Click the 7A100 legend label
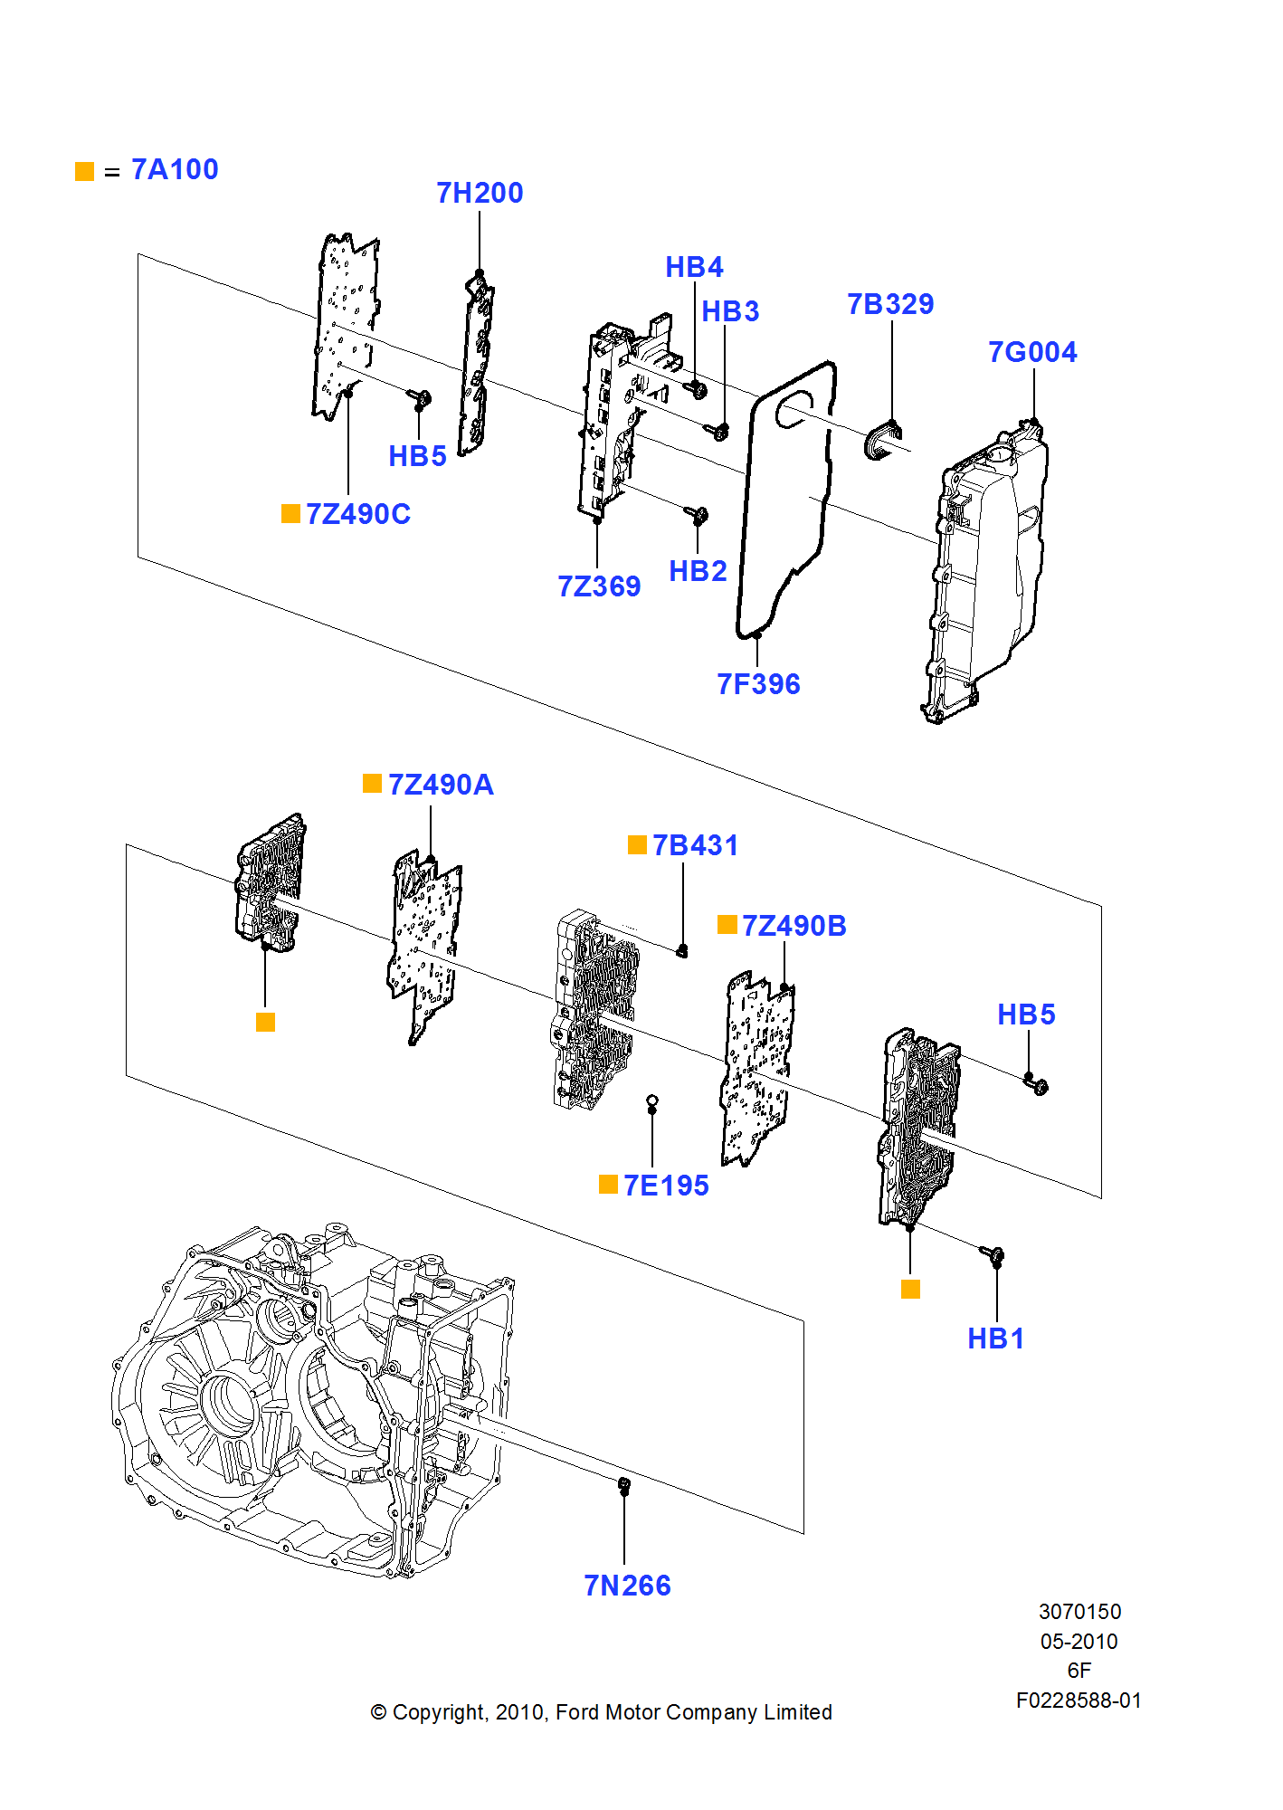pyautogui.click(x=175, y=170)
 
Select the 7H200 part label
pyautogui.click(x=480, y=194)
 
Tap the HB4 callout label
pyautogui.click(x=694, y=268)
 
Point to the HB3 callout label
pyautogui.click(x=730, y=312)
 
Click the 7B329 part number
pyautogui.click(x=890, y=305)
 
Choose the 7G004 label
pyautogui.click(x=1032, y=353)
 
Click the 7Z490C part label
pyautogui.click(x=358, y=515)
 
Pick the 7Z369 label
pyautogui.click(x=599, y=587)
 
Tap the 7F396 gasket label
pyautogui.click(x=758, y=685)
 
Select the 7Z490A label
pyautogui.click(x=441, y=786)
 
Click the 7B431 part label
pyautogui.click(x=695, y=846)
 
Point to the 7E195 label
pyautogui.click(x=666, y=1186)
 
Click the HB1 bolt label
pyautogui.click(x=995, y=1339)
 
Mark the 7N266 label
pyautogui.click(x=627, y=1586)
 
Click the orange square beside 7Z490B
pyautogui.click(x=727, y=925)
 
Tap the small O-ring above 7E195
pyautogui.click(x=651, y=1101)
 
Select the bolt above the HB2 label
pyautogui.click(x=698, y=516)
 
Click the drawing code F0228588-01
pyautogui.click(x=1079, y=1701)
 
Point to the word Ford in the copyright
pyautogui.click(x=575, y=1713)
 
